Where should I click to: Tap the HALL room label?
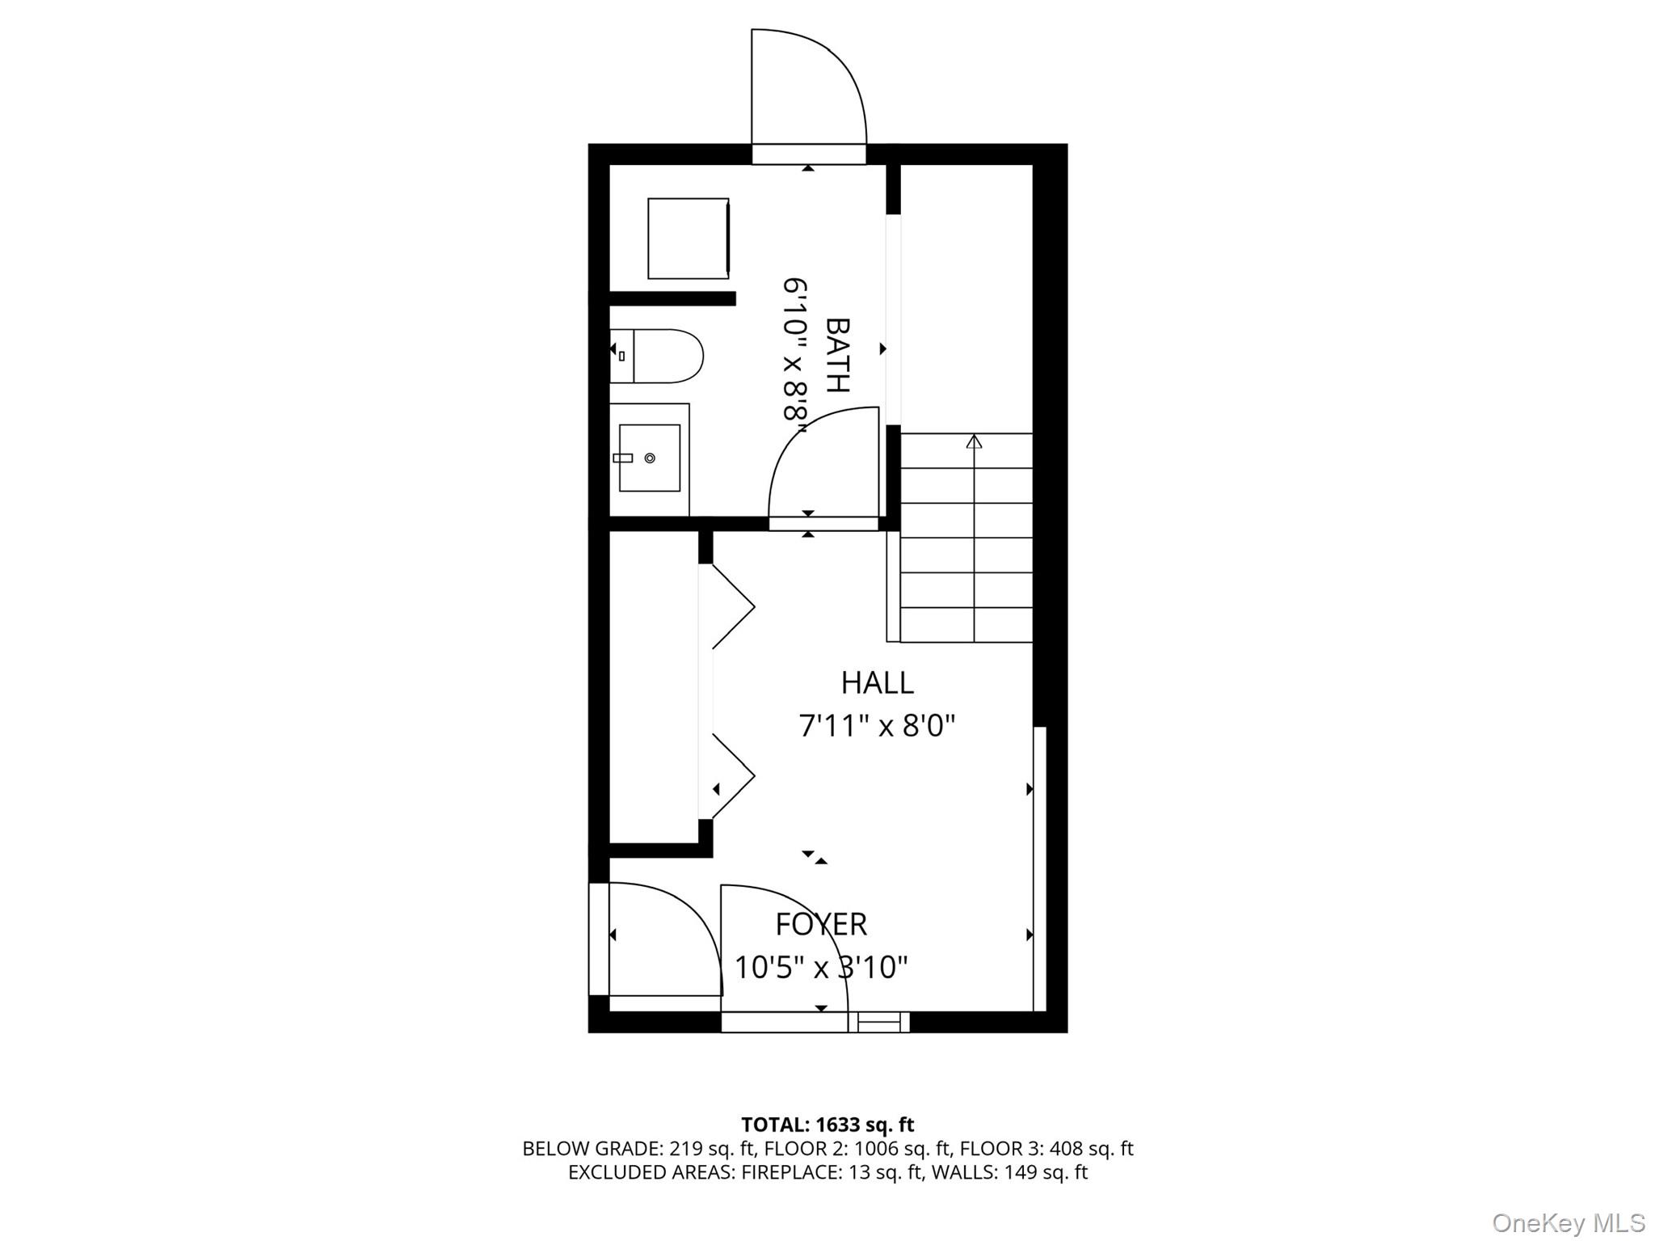point(877,683)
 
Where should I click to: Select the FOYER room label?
point(821,924)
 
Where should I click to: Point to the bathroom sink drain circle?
point(650,458)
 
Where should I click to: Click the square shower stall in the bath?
point(688,238)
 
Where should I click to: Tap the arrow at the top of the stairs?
point(974,441)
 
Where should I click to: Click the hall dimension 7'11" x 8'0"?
point(877,726)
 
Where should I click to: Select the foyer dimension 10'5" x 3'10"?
point(821,967)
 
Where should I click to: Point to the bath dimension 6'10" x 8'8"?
point(795,349)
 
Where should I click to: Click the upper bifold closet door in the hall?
point(731,606)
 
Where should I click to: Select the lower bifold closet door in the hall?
point(731,776)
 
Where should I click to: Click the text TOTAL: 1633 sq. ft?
point(827,1125)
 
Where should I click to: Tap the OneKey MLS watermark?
point(1568,1222)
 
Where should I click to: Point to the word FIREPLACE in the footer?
point(790,1172)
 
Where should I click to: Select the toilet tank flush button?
point(621,356)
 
